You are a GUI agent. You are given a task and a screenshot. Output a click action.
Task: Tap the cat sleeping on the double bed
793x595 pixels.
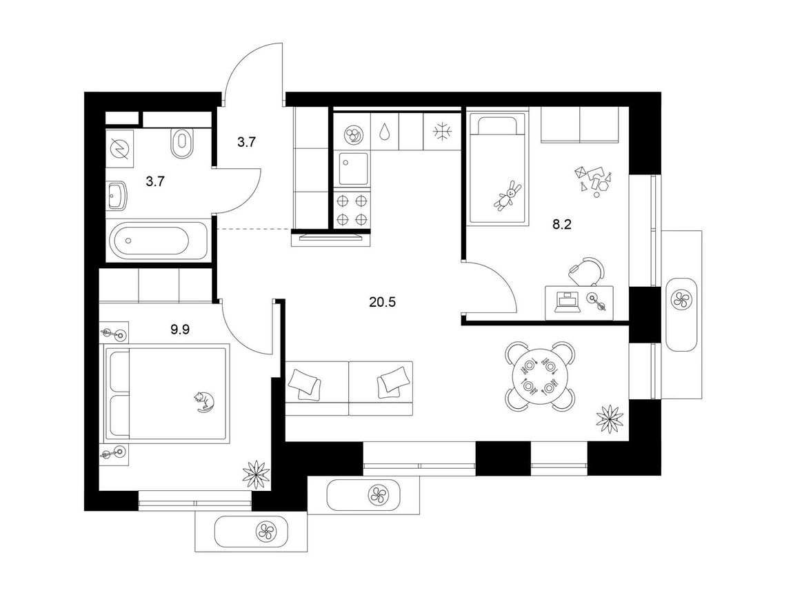point(204,401)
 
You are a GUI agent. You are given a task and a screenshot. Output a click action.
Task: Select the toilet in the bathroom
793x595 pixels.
point(182,143)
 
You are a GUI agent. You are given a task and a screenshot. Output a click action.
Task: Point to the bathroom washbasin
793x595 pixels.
point(117,196)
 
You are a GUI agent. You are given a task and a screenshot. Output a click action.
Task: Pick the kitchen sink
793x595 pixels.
point(353,169)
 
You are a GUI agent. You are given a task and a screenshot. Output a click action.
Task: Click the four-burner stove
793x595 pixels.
point(352,210)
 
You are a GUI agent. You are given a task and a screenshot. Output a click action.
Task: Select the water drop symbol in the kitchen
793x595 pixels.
point(384,132)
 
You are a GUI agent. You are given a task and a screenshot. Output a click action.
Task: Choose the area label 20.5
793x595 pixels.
point(382,302)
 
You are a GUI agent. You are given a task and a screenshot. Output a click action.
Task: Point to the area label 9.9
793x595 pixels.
point(179,330)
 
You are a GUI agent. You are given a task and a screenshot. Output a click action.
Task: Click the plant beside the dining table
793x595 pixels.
point(610,418)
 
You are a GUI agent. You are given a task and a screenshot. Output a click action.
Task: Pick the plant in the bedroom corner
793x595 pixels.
point(257,474)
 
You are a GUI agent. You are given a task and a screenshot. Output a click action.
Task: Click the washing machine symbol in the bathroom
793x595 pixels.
point(120,149)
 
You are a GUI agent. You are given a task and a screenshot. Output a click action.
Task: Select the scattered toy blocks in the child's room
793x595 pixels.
point(594,179)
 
